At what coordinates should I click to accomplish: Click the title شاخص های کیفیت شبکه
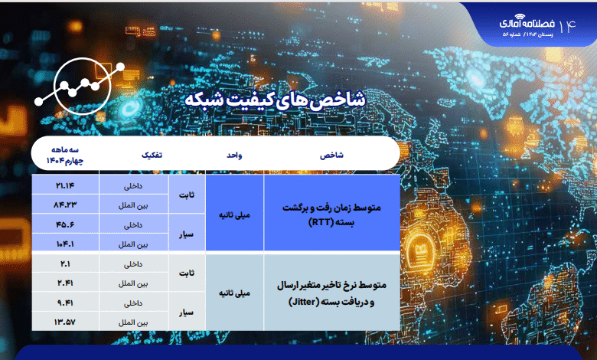coord(275,100)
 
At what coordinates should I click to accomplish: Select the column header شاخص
coord(331,155)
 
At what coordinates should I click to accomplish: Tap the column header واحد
coord(234,155)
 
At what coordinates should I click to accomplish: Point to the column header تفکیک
coord(152,155)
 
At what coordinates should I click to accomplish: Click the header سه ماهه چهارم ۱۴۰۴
coord(65,155)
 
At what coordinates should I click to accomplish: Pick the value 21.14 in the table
coord(65,185)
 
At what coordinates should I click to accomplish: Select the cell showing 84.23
coord(65,205)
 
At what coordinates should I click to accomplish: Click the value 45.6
coord(65,224)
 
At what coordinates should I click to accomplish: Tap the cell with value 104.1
coord(65,244)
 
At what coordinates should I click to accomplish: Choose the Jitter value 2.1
coord(65,263)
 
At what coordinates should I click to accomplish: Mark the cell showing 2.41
coord(65,283)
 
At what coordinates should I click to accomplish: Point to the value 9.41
coord(65,303)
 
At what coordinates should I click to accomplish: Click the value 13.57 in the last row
coord(65,322)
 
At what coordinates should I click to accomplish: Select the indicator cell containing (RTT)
coord(331,214)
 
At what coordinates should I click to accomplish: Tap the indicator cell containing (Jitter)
coord(331,293)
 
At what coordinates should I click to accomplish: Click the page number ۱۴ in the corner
coord(567,25)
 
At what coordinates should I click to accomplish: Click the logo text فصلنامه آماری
coord(527,23)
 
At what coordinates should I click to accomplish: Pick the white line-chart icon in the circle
coord(80,86)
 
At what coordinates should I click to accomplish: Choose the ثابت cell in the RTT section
coord(187,195)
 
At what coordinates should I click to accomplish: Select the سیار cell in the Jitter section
coord(187,313)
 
